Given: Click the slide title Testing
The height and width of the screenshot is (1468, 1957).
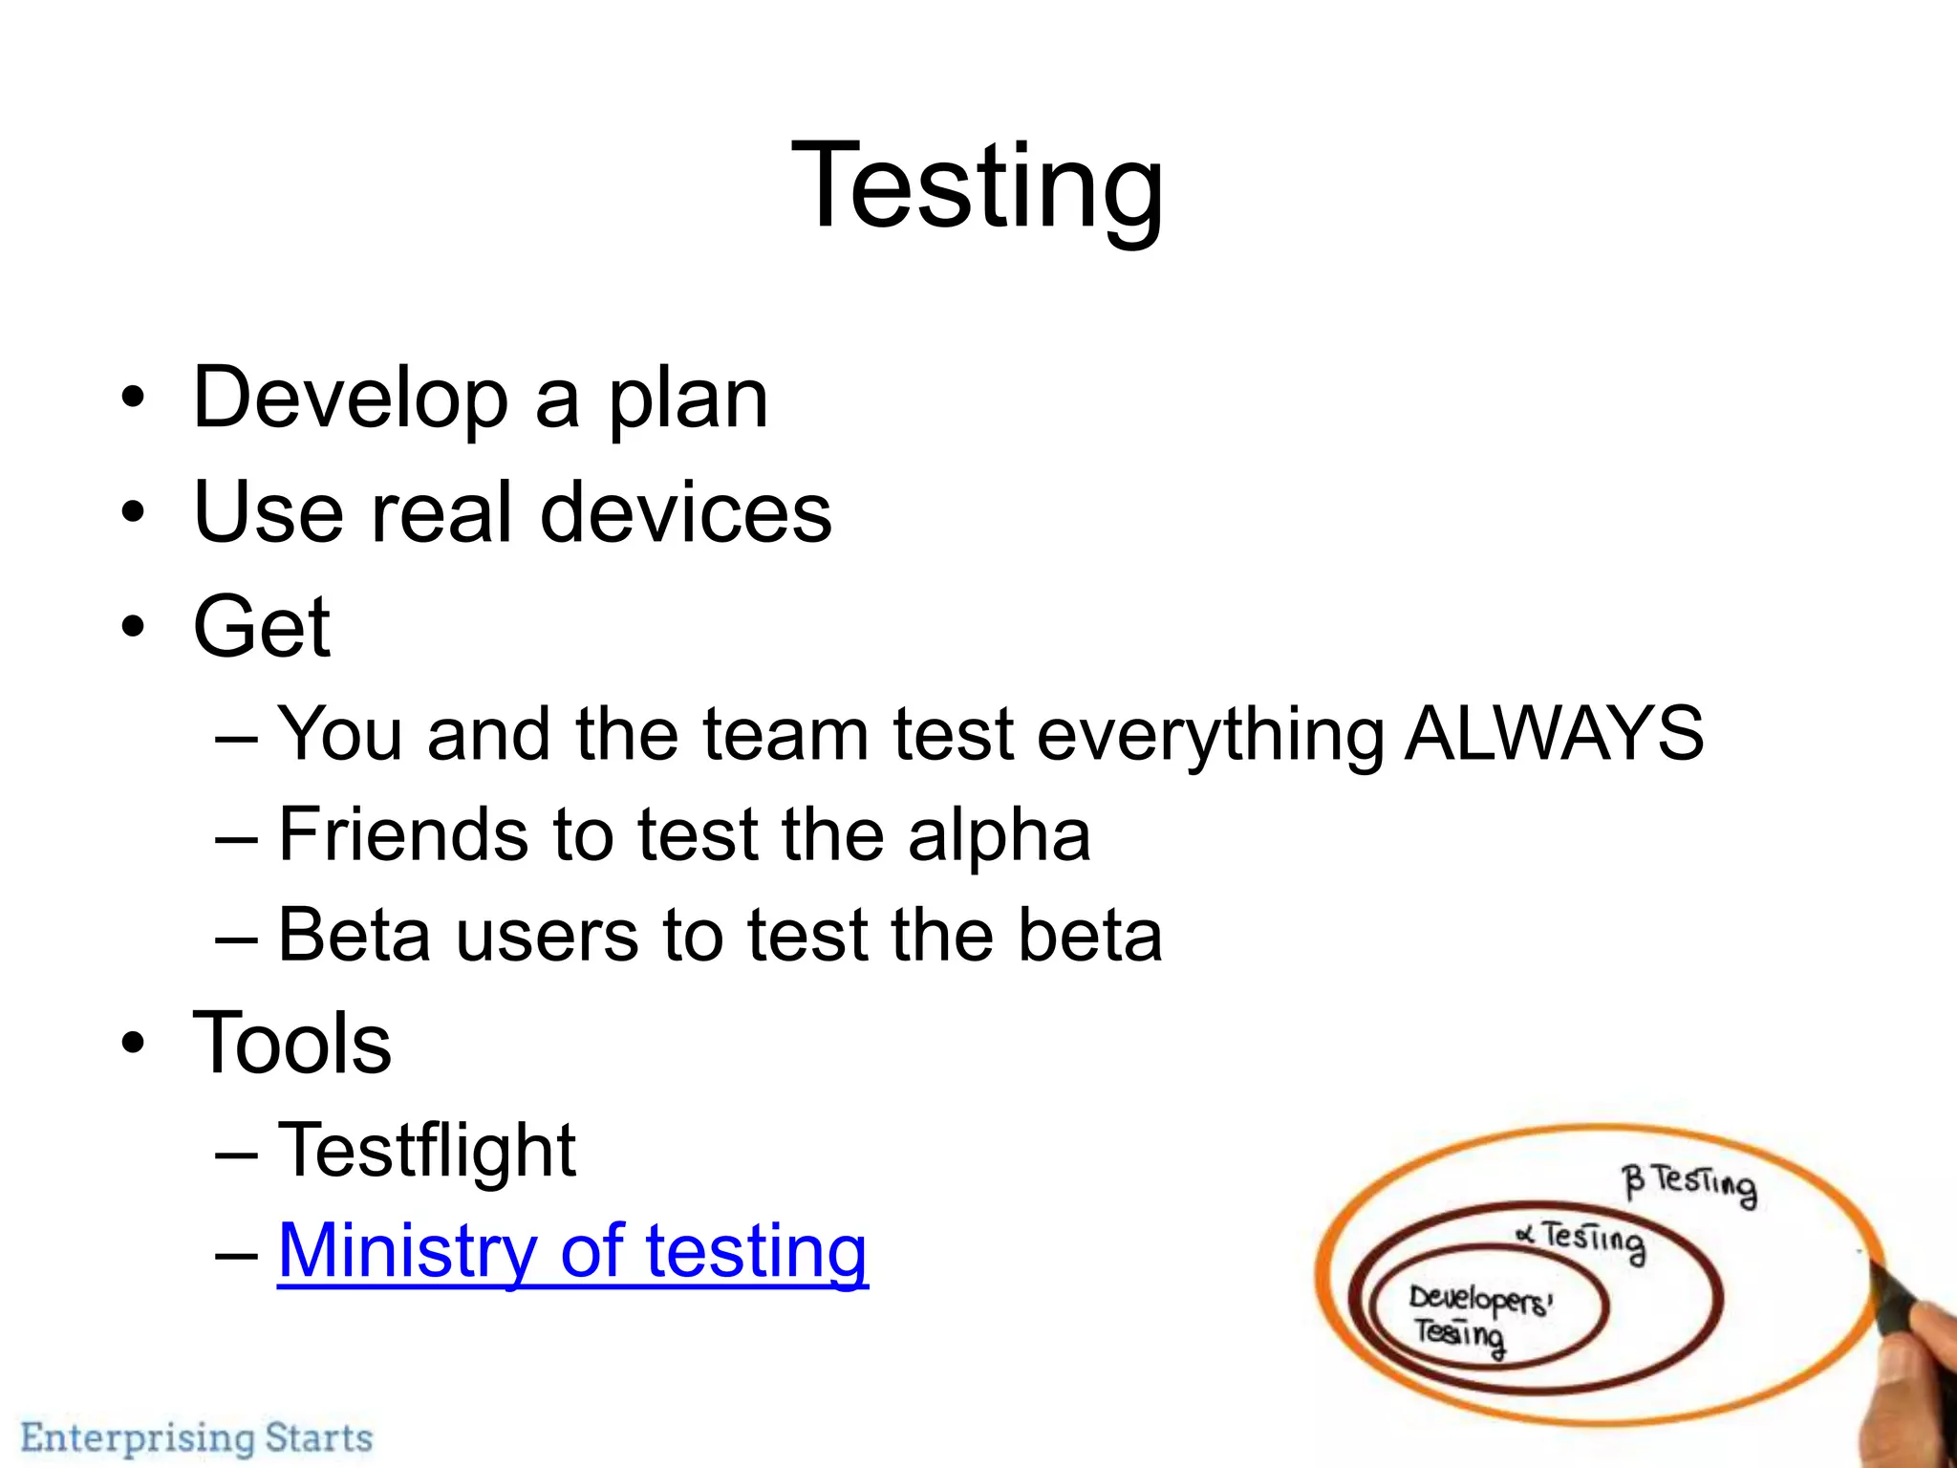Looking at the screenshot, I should [978, 186].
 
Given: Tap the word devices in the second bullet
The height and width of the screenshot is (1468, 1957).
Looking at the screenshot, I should [685, 513].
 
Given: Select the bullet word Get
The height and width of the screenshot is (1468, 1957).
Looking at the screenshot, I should [261, 627].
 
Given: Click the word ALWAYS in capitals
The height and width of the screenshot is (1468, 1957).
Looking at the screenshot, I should [1554, 734].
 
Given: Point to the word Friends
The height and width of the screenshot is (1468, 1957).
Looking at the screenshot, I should [401, 834].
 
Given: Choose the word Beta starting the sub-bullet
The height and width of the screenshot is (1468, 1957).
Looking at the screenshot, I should [354, 935].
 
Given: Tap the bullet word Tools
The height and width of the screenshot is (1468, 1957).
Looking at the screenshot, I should [291, 1044].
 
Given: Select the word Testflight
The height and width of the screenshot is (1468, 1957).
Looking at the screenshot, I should [426, 1151].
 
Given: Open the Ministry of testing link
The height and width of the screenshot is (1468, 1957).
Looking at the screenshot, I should [572, 1251].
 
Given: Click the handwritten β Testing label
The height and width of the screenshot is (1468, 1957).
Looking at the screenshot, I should [1688, 1185].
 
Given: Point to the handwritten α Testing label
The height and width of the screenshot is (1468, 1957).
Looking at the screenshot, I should [1581, 1240].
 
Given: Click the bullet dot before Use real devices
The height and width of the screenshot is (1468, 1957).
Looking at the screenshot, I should [133, 513].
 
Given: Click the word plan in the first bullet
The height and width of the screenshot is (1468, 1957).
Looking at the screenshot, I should [687, 400].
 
